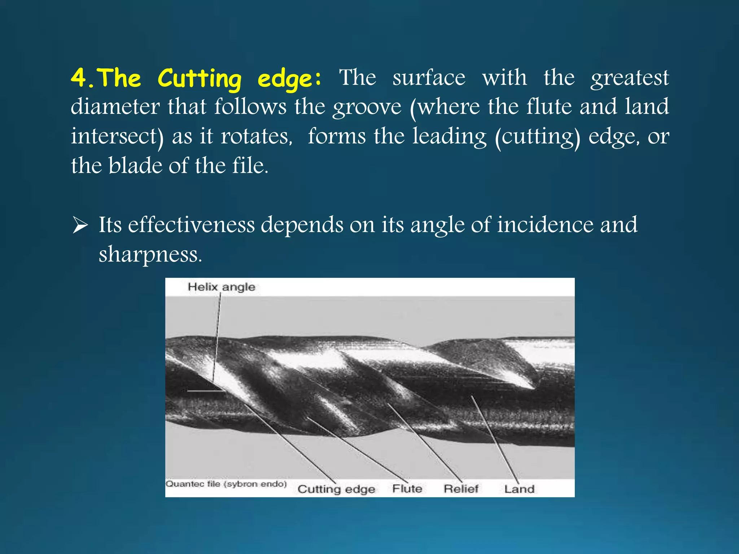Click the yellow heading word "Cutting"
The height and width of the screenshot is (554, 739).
pyautogui.click(x=200, y=78)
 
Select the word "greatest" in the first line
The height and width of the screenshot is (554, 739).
pyautogui.click(x=630, y=78)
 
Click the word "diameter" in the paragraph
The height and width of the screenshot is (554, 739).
pyautogui.click(x=115, y=107)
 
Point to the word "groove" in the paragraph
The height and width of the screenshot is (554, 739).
pyautogui.click(x=367, y=107)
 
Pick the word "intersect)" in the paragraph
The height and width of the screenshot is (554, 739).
pyautogui.click(x=117, y=137)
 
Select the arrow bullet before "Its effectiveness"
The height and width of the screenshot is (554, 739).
pyautogui.click(x=80, y=225)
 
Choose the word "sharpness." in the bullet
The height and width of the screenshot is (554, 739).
pyautogui.click(x=150, y=255)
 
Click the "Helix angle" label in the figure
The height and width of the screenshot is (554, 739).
pyautogui.click(x=221, y=287)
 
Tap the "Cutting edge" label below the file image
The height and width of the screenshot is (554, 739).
pyautogui.click(x=336, y=489)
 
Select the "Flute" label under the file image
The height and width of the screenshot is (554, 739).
pyautogui.click(x=407, y=489)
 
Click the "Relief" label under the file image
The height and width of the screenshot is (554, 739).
pyautogui.click(x=461, y=489)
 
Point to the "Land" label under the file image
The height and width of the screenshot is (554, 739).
pyautogui.click(x=519, y=489)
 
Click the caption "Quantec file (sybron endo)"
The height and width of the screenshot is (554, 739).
pyautogui.click(x=226, y=484)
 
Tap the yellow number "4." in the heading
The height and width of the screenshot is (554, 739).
pyautogui.click(x=82, y=78)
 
